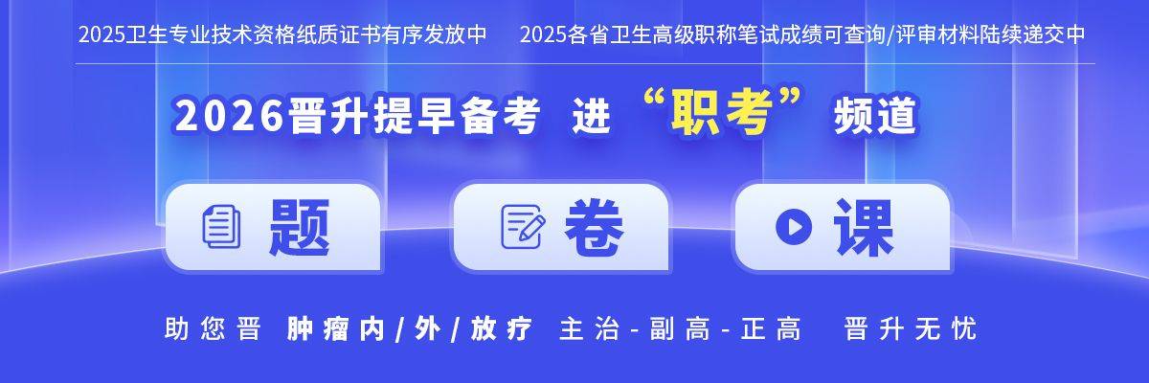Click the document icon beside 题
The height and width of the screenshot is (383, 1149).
[x=221, y=227]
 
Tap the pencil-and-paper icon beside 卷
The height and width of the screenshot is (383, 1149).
[x=524, y=227]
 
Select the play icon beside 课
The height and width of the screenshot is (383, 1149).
[x=794, y=227]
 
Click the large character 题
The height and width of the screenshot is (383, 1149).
[x=299, y=227]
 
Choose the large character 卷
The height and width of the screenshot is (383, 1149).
[x=594, y=227]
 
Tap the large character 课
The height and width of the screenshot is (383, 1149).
[x=863, y=227]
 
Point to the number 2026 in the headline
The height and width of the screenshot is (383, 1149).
[x=227, y=118]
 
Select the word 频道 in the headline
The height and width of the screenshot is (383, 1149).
[x=875, y=118]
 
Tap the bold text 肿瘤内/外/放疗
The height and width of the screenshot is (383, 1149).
[x=409, y=329]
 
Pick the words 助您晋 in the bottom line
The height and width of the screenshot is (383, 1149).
[x=213, y=329]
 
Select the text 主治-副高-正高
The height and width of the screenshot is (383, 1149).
[x=680, y=329]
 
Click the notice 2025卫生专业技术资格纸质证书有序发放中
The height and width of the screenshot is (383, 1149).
[x=282, y=35]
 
